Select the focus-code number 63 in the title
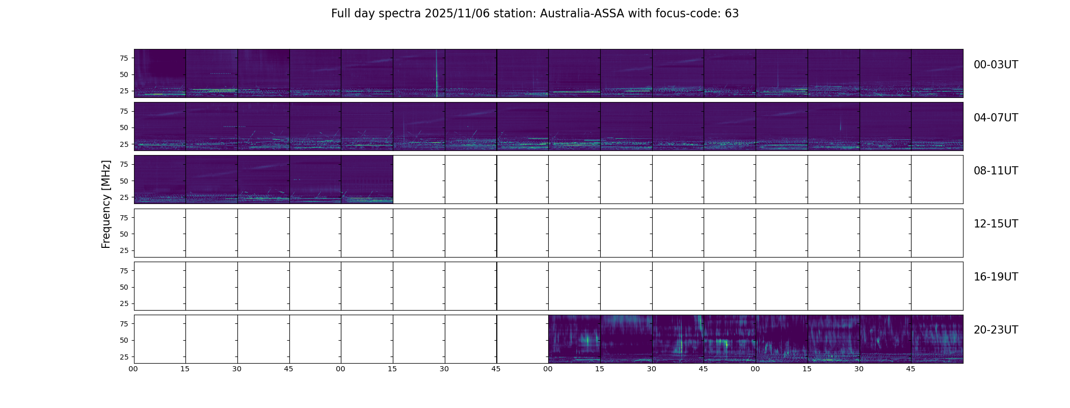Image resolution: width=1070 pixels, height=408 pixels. [732, 14]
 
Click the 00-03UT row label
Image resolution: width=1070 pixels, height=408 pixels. [996, 65]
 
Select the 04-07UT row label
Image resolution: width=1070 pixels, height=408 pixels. [996, 118]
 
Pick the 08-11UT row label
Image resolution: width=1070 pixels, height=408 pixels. [996, 171]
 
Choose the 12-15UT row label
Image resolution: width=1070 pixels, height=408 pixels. [996, 224]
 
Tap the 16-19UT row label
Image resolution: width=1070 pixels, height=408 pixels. [996, 277]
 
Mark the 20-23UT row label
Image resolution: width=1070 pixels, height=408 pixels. [996, 330]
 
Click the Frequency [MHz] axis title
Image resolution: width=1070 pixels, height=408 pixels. [106, 204]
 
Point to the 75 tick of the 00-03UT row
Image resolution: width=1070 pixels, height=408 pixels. [124, 58]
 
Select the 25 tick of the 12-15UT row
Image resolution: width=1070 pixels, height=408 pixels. [124, 250]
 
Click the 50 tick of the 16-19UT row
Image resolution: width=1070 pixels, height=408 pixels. [124, 287]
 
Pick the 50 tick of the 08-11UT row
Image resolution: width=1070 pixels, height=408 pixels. [124, 181]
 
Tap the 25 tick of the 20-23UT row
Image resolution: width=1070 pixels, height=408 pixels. [124, 357]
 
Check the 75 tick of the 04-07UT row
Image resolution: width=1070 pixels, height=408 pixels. [124, 111]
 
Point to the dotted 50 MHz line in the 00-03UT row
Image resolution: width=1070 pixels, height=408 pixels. [221, 73]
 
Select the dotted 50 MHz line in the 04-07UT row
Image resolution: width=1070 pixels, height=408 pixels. [234, 126]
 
